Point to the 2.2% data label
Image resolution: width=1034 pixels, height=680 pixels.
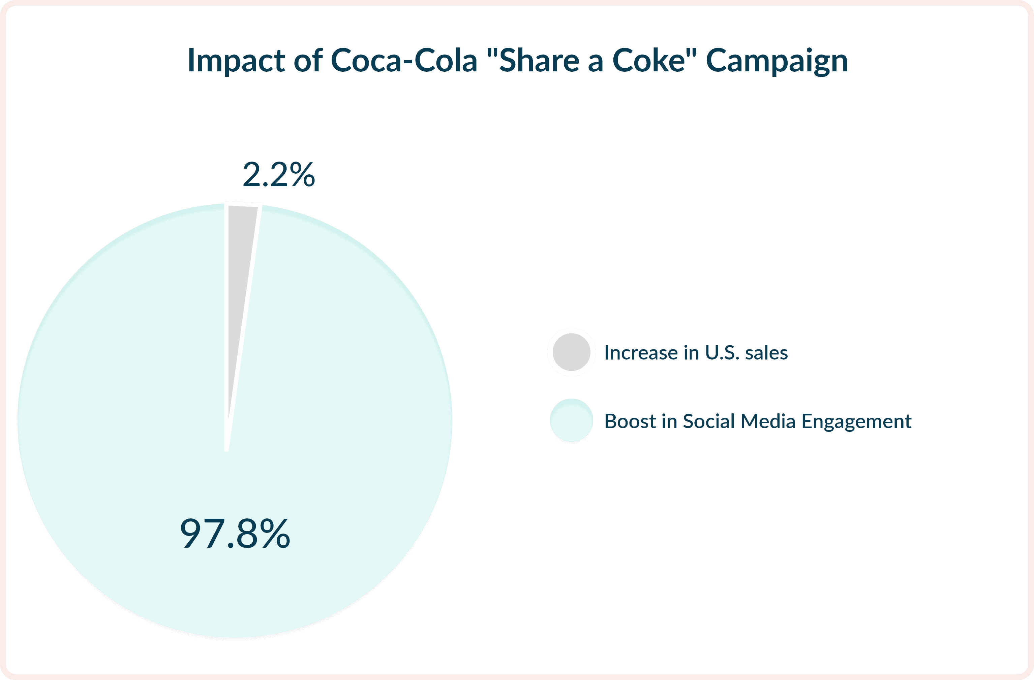278,175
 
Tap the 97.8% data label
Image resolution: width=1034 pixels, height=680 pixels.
235,534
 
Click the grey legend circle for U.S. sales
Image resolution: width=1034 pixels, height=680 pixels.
571,352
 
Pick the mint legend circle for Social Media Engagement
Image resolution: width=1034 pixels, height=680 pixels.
571,420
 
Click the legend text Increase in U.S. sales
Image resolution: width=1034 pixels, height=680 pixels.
696,353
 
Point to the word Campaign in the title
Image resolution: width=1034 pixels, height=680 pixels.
777,61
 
